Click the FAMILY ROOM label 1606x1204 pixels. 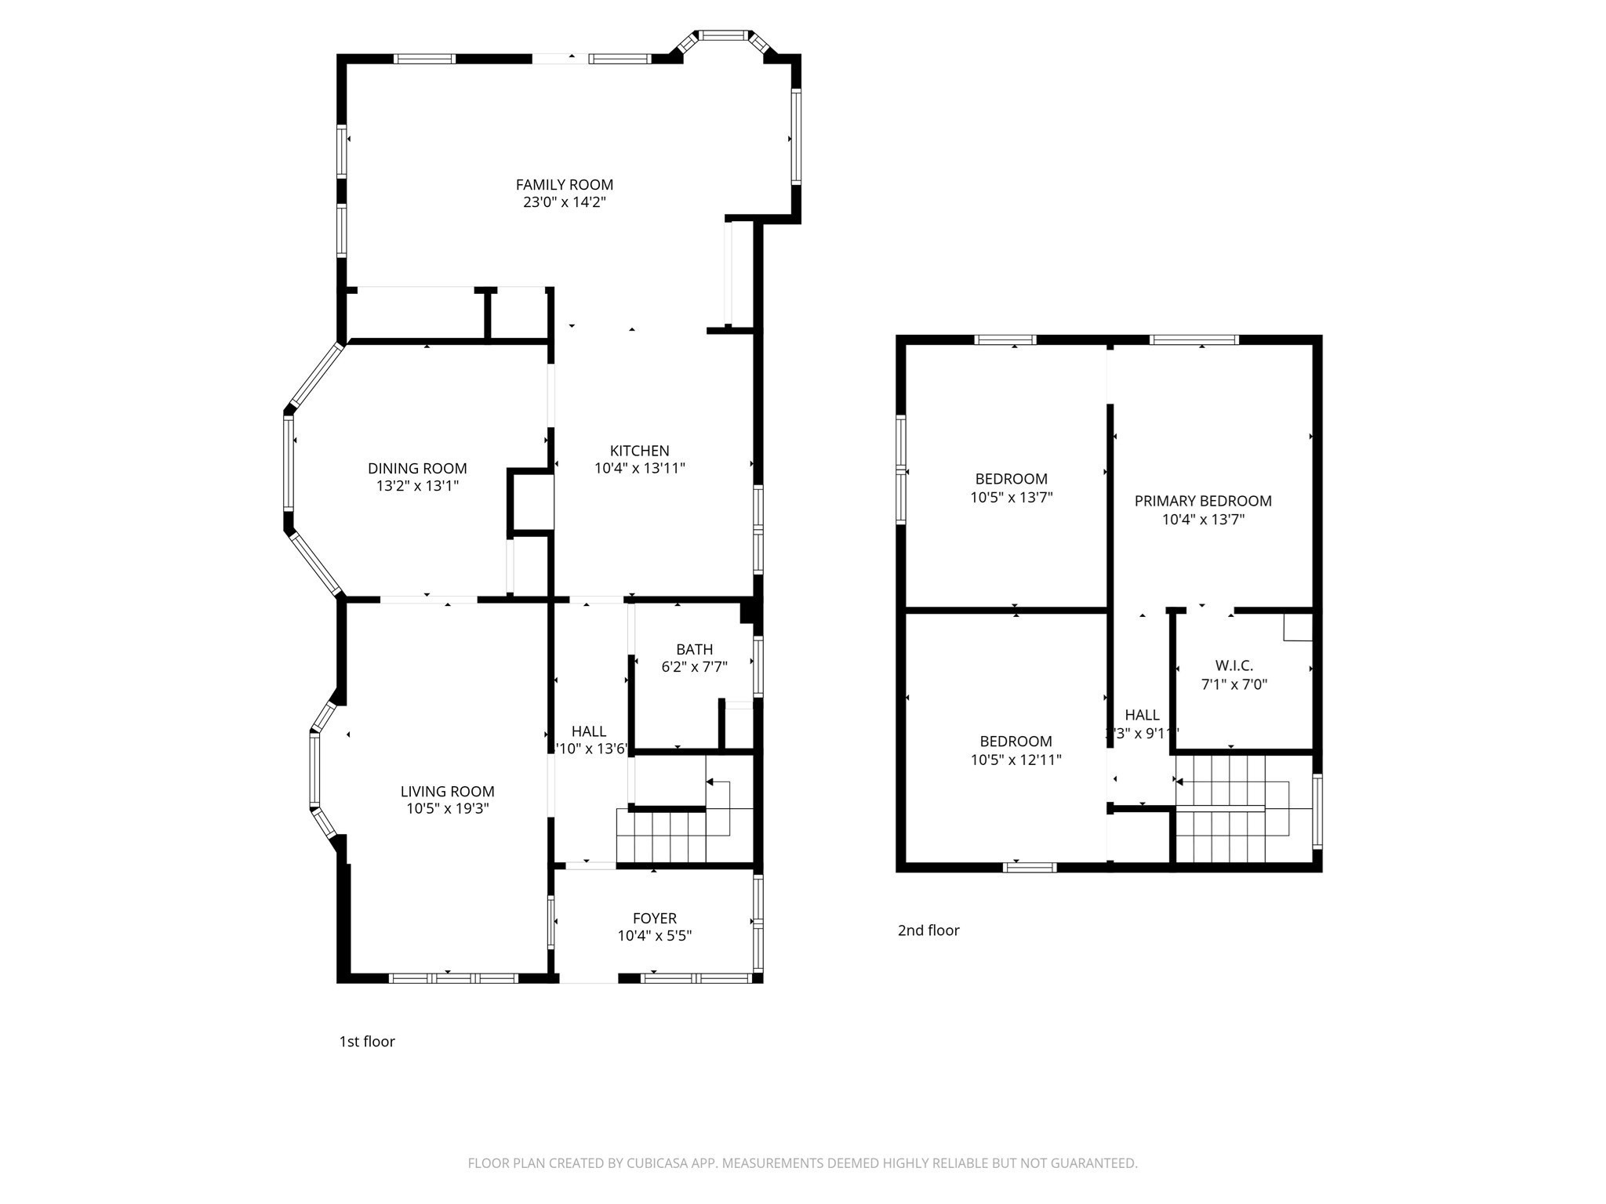click(x=564, y=185)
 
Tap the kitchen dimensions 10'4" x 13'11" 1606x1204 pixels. click(x=639, y=469)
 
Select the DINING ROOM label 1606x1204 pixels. click(x=417, y=468)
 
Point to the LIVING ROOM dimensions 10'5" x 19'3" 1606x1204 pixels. click(x=447, y=809)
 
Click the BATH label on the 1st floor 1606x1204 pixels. click(x=694, y=649)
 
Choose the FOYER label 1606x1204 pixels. click(x=654, y=918)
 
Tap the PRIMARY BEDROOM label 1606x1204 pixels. click(x=1202, y=501)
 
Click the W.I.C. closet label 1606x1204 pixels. click(x=1234, y=665)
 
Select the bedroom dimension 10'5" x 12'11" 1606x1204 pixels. click(x=1016, y=760)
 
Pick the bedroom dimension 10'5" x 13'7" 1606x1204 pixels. click(x=1011, y=497)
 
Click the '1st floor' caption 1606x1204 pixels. click(x=367, y=1041)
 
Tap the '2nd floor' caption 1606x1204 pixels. click(x=928, y=930)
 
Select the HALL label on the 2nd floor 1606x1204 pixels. click(x=1142, y=715)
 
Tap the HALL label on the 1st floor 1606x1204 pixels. click(x=588, y=731)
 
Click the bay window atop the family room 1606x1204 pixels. click(x=725, y=35)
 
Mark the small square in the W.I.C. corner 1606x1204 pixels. click(x=1297, y=628)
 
